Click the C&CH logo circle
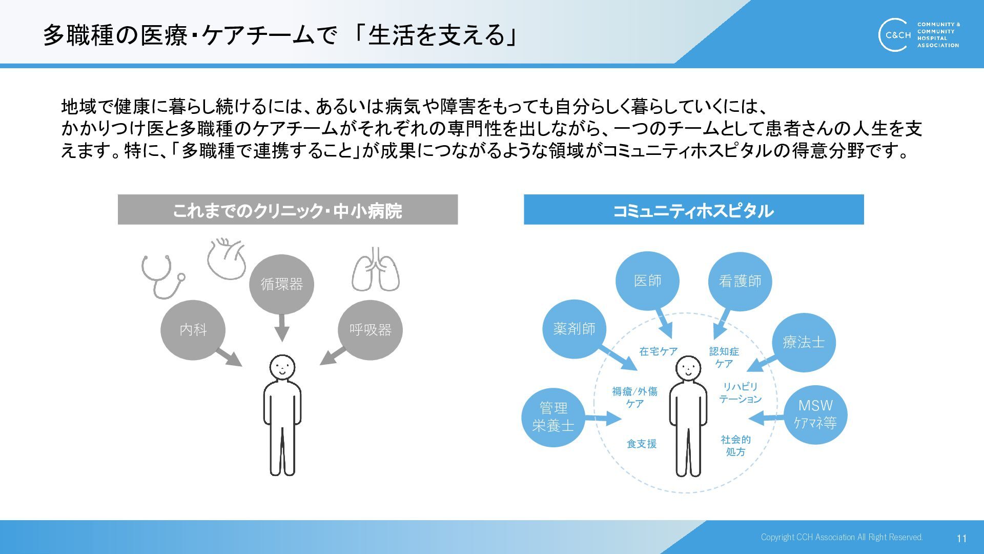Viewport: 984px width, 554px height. tap(895, 35)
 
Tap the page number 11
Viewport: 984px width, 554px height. tap(961, 538)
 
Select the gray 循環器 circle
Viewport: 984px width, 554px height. tap(281, 284)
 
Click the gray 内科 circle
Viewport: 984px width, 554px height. tap(193, 329)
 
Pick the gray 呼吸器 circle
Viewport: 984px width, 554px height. tap(370, 329)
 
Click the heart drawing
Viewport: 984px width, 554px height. tap(226, 259)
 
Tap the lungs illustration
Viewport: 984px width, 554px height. tap(376, 270)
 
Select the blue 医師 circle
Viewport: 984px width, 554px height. tap(647, 281)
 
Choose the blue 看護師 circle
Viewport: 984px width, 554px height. tap(740, 281)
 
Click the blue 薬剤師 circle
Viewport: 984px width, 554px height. tap(574, 329)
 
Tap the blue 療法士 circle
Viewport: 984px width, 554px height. tap(804, 342)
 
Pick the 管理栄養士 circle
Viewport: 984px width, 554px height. tap(553, 417)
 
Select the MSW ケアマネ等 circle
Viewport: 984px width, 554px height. tap(815, 414)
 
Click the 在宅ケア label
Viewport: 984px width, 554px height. tap(659, 351)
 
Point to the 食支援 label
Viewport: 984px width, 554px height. tap(642, 444)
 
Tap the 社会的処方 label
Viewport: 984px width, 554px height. tap(735, 445)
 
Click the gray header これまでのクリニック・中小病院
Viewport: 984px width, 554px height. tap(288, 210)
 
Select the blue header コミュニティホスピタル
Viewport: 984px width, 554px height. tap(693, 210)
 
